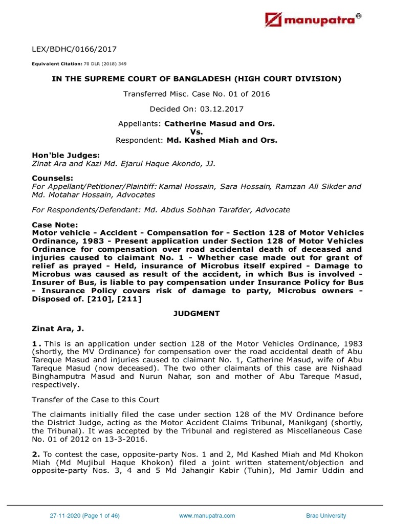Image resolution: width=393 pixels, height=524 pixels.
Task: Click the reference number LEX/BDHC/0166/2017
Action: (74, 50)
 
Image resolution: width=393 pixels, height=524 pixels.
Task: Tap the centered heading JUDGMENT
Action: (196, 313)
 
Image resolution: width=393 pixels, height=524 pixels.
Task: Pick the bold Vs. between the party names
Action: (196, 132)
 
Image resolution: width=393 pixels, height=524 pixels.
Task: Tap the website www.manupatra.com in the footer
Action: (207, 516)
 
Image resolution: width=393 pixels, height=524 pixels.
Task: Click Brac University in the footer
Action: (326, 516)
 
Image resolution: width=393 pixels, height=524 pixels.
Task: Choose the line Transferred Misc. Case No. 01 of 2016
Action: (196, 94)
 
